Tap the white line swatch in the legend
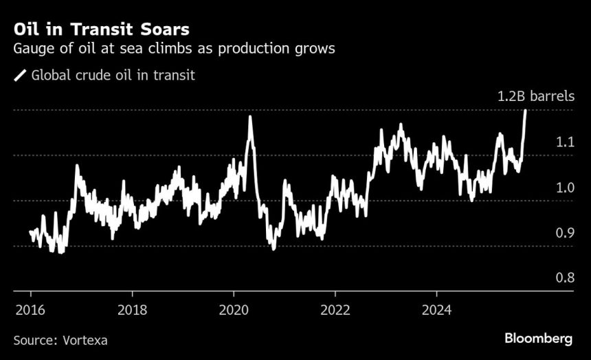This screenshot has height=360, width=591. [19, 76]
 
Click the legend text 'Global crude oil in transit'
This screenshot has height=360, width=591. [113, 76]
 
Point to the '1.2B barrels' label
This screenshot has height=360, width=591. [535, 97]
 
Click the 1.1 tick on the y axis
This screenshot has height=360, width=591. [565, 142]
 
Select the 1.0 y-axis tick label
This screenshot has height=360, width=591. [565, 188]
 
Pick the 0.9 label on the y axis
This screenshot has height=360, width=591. [565, 233]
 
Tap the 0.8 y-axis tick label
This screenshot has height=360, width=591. [565, 278]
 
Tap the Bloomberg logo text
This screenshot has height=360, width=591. [539, 339]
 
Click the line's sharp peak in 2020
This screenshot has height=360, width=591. [249, 117]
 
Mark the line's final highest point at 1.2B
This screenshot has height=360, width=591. [526, 111]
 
